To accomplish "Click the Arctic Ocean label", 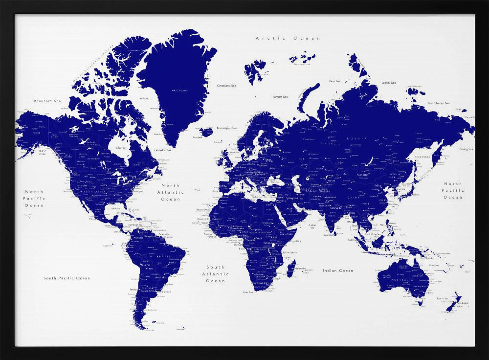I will click(x=288, y=38).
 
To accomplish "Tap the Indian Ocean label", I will click(x=337, y=270).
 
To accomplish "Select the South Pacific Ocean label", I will click(x=67, y=278).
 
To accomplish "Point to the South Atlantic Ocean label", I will click(x=215, y=274).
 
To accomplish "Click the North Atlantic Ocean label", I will click(x=171, y=192).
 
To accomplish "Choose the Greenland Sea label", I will click(x=226, y=86).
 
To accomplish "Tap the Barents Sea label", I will click(x=280, y=97).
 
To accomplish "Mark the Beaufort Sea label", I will click(x=47, y=101).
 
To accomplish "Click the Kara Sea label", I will click(x=334, y=81).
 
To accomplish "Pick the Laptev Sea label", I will click(x=388, y=83).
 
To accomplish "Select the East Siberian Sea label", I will click(x=438, y=103).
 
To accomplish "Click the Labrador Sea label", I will click(x=163, y=150).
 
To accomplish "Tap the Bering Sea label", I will click(x=466, y=149).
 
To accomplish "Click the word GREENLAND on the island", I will click(x=179, y=90).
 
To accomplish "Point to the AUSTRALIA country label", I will click(x=398, y=279).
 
